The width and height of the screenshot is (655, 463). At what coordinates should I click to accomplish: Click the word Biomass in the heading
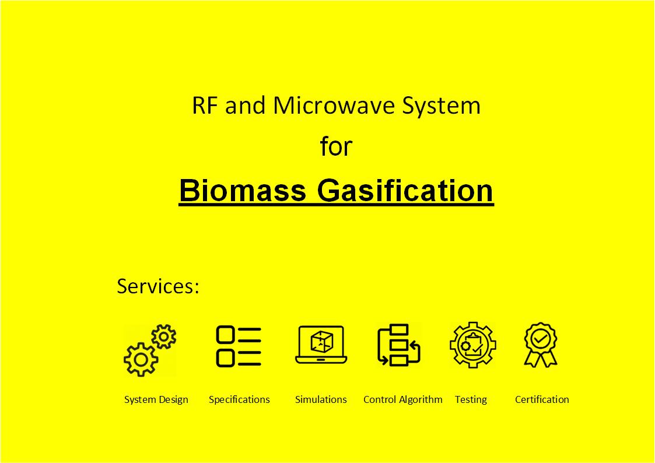pos(243,190)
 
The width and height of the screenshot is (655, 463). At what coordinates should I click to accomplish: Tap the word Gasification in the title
pos(405,190)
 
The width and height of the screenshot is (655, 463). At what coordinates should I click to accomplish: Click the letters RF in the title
pos(205,105)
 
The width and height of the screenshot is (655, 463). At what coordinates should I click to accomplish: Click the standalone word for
pos(337,146)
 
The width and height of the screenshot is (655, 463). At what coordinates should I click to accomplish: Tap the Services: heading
pos(158,286)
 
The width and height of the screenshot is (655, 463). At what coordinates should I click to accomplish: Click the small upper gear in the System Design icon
pos(164,336)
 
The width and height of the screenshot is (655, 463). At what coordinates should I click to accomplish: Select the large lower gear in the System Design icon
pos(141,359)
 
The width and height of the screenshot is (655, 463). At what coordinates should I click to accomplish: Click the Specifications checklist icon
pos(239,346)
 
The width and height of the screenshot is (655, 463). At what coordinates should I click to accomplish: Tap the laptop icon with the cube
pos(321,345)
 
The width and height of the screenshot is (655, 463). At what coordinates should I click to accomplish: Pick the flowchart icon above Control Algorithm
pos(398,345)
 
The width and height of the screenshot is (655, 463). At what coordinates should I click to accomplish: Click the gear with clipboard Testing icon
pos(473,345)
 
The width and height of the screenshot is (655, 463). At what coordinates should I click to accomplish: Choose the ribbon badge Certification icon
pos(541,345)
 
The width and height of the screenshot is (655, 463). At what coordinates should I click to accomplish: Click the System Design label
pos(156,400)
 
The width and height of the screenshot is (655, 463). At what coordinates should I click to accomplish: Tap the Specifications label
pos(239,400)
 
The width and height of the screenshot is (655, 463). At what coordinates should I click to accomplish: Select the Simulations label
pos(321,399)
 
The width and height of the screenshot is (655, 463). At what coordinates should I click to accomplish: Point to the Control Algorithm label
pos(402,400)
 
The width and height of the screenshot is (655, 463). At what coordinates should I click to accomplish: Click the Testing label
pos(471,400)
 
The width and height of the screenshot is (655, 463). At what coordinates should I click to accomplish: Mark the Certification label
pos(542,399)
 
